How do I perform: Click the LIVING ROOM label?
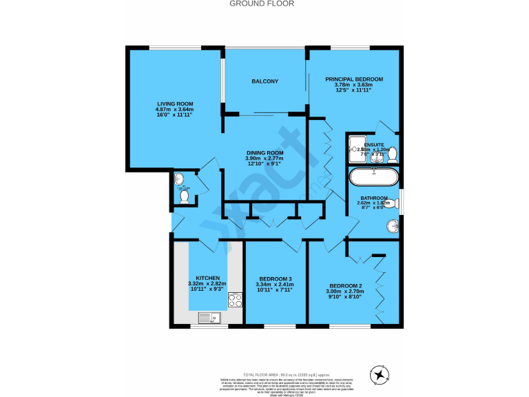[x=174, y=103]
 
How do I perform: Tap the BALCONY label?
[x=265, y=82]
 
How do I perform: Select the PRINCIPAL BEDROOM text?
[x=354, y=79]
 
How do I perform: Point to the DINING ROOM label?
[x=265, y=153]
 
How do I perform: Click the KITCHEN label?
[x=207, y=278]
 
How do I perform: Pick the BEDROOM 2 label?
[x=346, y=285]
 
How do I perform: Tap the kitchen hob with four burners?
[x=235, y=300]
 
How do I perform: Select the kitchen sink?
[x=207, y=317]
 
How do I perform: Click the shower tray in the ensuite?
[x=357, y=145]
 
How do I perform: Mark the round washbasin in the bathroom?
[x=392, y=225]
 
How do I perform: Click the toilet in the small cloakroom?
[x=184, y=196]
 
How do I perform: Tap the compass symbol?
[x=380, y=375]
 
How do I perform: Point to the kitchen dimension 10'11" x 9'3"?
[x=207, y=289]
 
